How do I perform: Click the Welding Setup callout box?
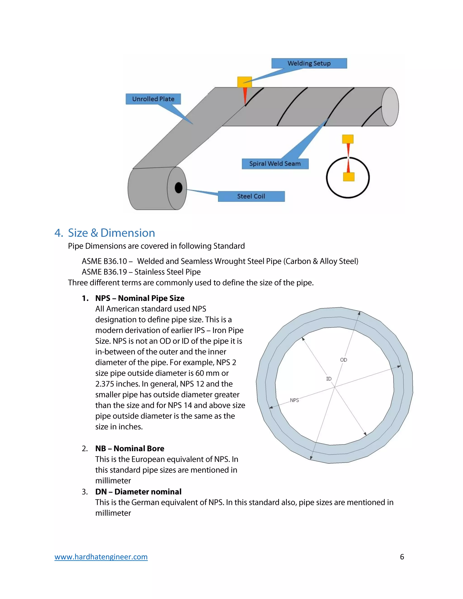point(309,63)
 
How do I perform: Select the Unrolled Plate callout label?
point(153,99)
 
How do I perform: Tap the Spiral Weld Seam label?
point(275,164)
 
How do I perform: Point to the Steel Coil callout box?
point(251,196)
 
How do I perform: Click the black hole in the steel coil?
point(179,188)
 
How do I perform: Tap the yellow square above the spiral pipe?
point(244,82)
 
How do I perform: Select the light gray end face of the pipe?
point(390,107)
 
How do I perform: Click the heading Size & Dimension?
point(111,233)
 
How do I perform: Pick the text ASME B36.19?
point(104,272)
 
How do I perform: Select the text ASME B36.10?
point(104,261)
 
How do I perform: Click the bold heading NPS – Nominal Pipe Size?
point(140,298)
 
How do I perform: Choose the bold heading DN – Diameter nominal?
point(138,491)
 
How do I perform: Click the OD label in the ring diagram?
point(343,360)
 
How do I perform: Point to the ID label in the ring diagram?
point(328,379)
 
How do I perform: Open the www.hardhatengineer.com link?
point(101,557)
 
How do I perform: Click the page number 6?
point(402,557)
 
